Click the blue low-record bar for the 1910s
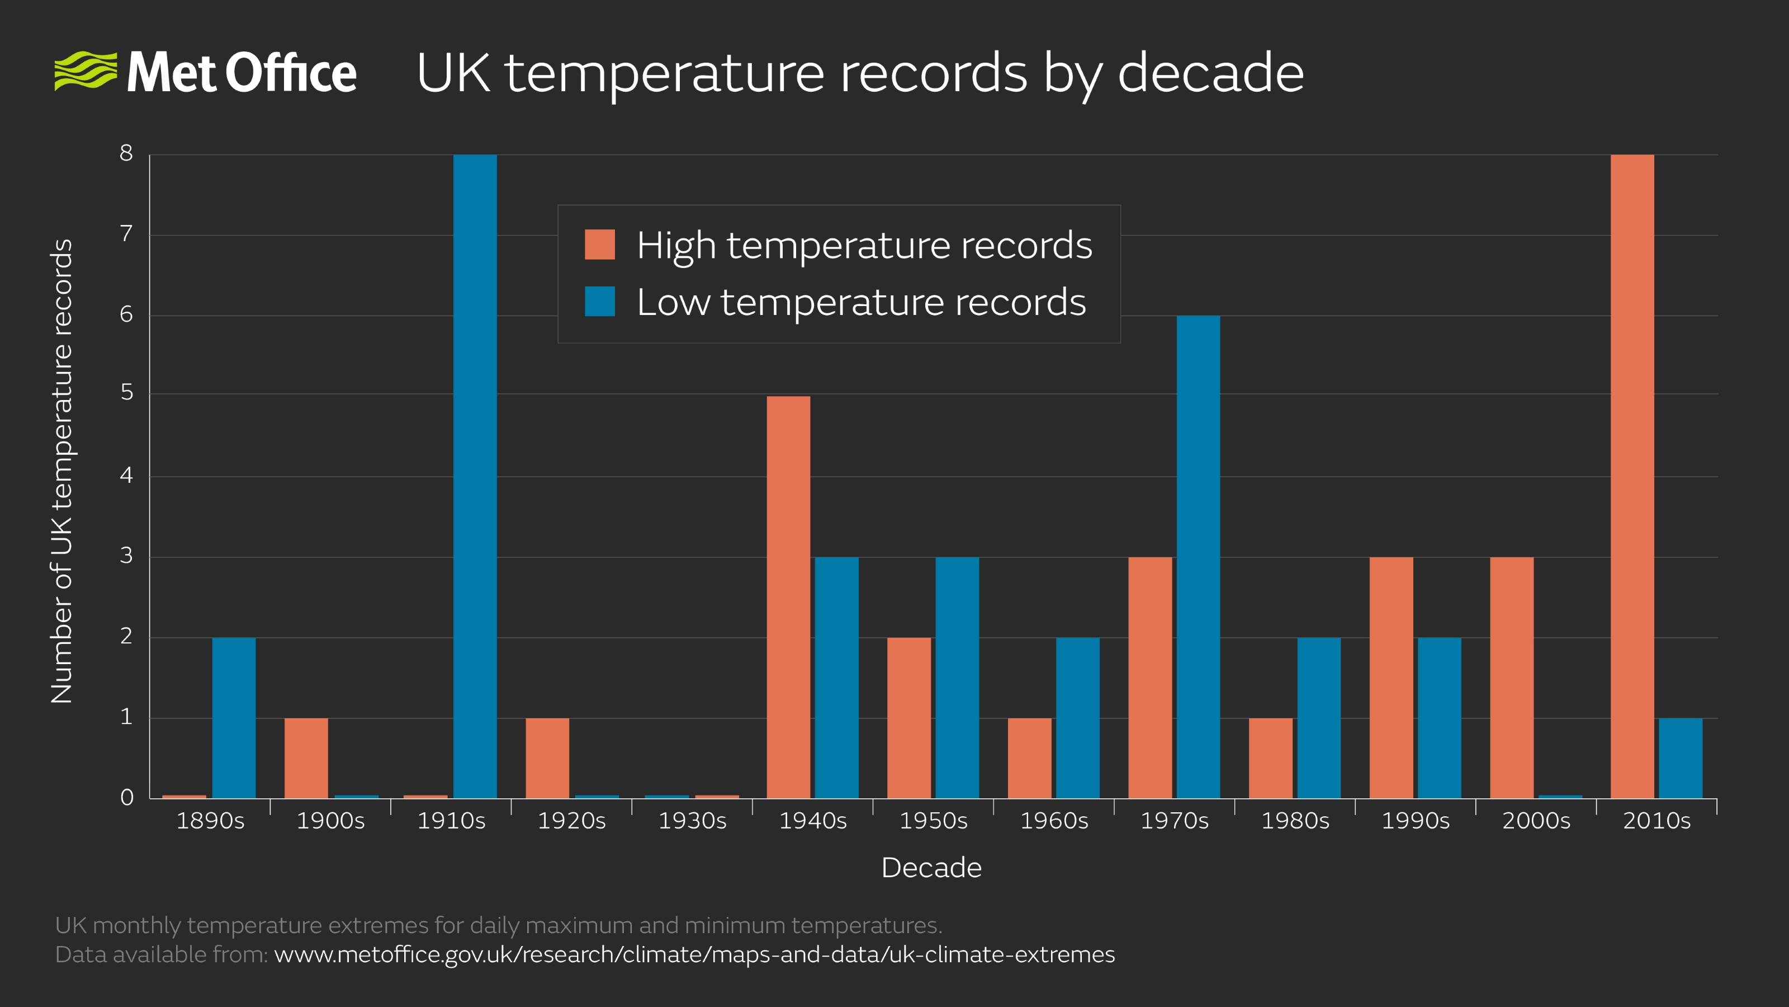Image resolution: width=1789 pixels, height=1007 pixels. [x=475, y=476]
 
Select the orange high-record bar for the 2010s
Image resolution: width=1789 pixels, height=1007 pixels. [x=1632, y=476]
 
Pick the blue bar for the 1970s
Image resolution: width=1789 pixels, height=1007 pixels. [x=1198, y=556]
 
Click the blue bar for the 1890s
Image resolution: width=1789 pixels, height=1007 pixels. [x=233, y=717]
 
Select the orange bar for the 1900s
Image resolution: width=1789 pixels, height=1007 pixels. [x=306, y=757]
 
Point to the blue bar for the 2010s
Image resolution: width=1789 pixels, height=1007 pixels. [x=1681, y=757]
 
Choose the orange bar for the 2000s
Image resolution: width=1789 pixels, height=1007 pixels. [x=1512, y=677]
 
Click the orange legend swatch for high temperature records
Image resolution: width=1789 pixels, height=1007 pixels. [x=599, y=244]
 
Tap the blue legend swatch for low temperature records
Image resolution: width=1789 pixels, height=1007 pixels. [x=599, y=302]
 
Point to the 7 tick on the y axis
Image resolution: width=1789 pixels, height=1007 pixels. [x=126, y=233]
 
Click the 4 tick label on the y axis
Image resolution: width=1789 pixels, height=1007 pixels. [x=126, y=476]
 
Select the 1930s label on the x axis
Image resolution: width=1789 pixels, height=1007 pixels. [x=693, y=821]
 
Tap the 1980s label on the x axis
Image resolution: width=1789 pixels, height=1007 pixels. [x=1295, y=821]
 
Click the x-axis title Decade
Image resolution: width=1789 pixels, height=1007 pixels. [x=931, y=867]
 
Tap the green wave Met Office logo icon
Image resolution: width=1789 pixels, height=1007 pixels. [x=86, y=71]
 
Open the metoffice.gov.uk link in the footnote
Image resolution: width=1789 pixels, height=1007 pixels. [x=694, y=954]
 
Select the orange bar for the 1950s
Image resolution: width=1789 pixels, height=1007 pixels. [x=908, y=717]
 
